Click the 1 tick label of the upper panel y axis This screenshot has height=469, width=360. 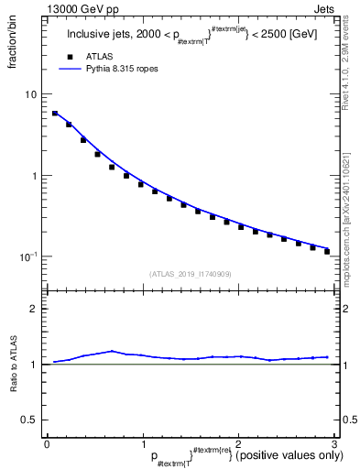[x=35, y=176]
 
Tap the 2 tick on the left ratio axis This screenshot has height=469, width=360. [x=35, y=308]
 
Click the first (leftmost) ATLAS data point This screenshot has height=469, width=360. [x=54, y=114]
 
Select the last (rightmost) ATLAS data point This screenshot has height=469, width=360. [x=327, y=251]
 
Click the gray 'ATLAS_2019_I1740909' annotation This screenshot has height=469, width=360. [x=190, y=273]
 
